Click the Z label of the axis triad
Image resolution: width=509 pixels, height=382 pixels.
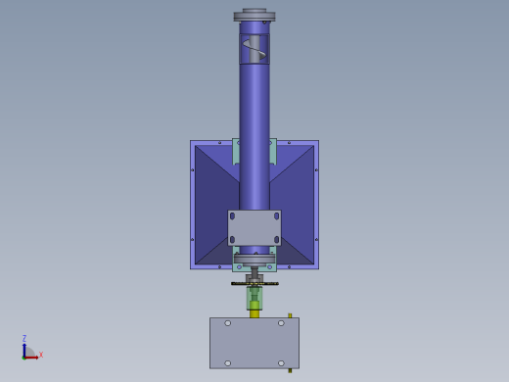24,338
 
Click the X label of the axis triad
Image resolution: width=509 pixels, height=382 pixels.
41,355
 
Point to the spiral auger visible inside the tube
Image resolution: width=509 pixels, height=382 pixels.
254,48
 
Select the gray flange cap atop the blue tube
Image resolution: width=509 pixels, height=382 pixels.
254,16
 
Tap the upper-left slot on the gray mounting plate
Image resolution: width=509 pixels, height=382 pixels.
232,216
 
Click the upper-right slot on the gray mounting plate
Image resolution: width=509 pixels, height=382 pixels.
277,216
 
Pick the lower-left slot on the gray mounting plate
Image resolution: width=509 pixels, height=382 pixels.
232,240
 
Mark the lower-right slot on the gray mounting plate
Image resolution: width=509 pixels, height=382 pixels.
277,240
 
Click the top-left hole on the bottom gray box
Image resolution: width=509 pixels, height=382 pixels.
228,323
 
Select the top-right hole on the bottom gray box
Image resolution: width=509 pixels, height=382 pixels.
281,323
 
